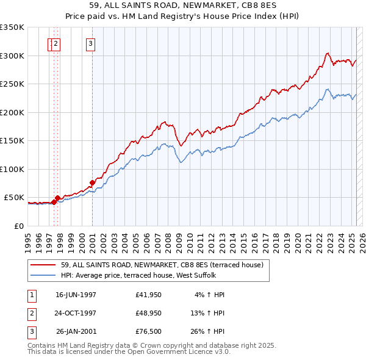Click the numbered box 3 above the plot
pyautogui.click(x=90, y=43)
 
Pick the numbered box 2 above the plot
pyautogui.click(x=56, y=43)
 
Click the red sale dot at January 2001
pyautogui.click(x=92, y=182)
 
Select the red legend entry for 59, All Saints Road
pyautogui.click(x=162, y=265)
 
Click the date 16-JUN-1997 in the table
pyautogui.click(x=76, y=294)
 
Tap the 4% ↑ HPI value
pyautogui.click(x=209, y=294)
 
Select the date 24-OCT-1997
pyautogui.click(x=76, y=313)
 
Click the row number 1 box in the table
pyautogui.click(x=31, y=294)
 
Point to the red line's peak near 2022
pyautogui.click(x=328, y=52)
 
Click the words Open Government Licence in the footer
pyautogui.click(x=179, y=351)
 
